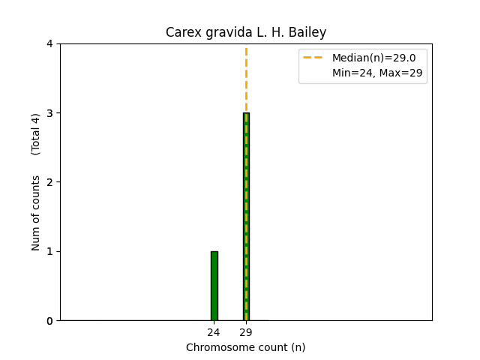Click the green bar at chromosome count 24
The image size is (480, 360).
tap(214, 286)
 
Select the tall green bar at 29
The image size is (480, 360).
tap(246, 217)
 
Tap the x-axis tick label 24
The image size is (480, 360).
tap(214, 332)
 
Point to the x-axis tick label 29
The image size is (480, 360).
tap(246, 332)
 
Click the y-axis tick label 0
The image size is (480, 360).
tap(49, 321)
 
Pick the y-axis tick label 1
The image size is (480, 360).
tap(49, 251)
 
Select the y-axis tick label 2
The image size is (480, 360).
tap(49, 182)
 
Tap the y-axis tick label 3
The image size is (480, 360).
tap(49, 113)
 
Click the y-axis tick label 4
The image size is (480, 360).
tap(49, 44)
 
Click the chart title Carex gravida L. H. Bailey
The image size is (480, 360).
tap(246, 33)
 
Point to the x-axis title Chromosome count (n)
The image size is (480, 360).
tap(246, 347)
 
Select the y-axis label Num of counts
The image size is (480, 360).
tap(36, 213)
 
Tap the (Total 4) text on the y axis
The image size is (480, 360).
tap(36, 134)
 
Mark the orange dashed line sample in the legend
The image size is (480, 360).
tap(313, 58)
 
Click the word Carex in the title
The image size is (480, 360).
tap(181, 33)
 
